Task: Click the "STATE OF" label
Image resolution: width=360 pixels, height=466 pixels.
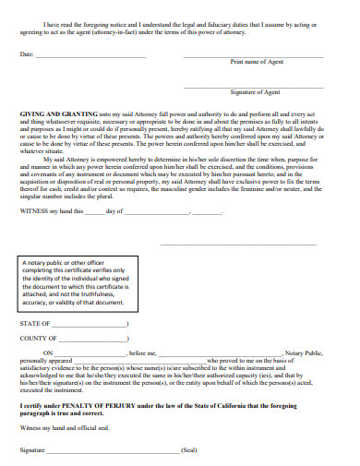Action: pos(34,326)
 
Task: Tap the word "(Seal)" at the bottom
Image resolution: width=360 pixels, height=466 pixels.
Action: pos(189,449)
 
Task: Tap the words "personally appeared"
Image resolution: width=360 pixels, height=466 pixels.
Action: pos(42,361)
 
